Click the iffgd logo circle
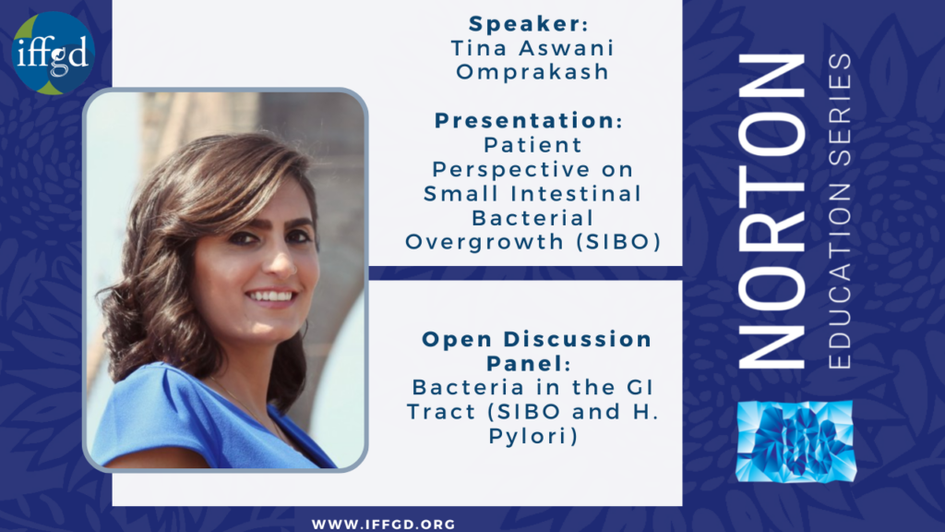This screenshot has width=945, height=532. click(53, 53)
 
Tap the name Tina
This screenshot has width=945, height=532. click(480, 48)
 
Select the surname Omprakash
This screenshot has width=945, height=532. click(532, 72)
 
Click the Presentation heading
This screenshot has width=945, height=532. click(525, 120)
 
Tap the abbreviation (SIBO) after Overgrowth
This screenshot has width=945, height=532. click(618, 242)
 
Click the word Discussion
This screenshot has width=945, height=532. click(578, 339)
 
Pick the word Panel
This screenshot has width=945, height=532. click(524, 363)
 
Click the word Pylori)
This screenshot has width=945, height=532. click(533, 436)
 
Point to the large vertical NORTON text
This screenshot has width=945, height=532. click(772, 211)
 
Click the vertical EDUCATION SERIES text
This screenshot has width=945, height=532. click(840, 212)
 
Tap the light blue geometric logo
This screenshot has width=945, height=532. click(796, 441)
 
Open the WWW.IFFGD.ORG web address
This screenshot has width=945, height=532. click(383, 525)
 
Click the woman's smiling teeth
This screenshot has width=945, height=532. click(271, 296)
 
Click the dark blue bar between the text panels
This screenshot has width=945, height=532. click(525, 272)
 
